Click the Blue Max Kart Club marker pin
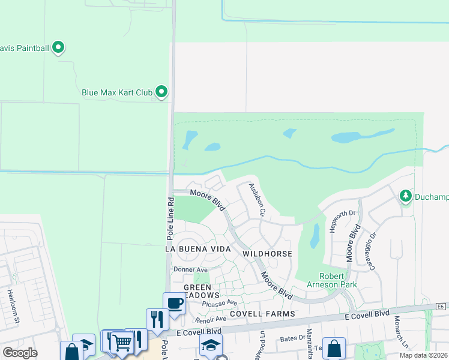tap(161, 92)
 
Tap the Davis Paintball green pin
tap(58, 47)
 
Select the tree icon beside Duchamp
tap(406, 196)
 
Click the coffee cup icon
tap(175, 303)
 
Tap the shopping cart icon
tap(122, 342)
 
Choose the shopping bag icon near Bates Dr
tap(334, 347)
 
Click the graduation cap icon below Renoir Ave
tap(211, 345)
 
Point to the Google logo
tap(20, 353)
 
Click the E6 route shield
tap(441, 307)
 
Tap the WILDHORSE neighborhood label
tap(267, 254)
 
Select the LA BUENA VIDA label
tap(189, 248)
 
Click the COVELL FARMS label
tap(261, 314)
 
